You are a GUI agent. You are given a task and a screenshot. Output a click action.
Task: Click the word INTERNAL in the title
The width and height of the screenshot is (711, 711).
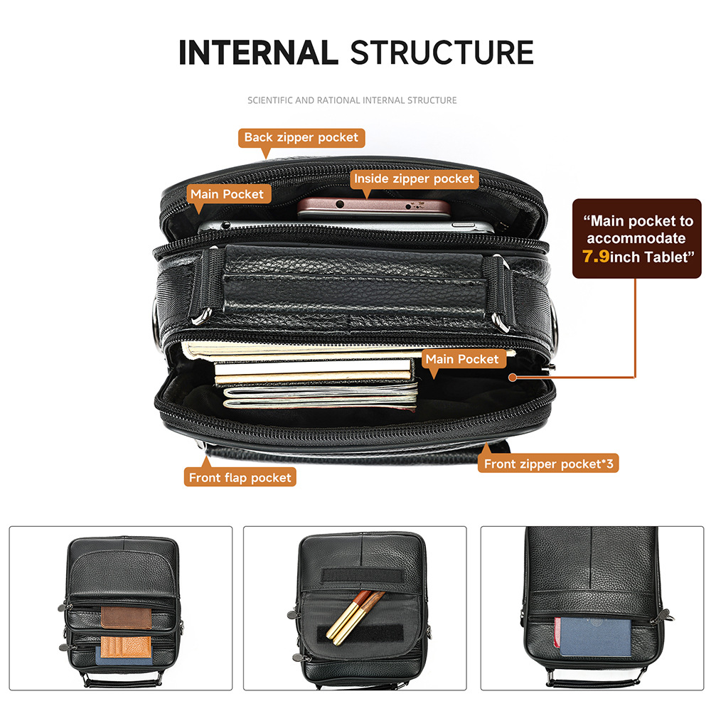(x=259, y=52)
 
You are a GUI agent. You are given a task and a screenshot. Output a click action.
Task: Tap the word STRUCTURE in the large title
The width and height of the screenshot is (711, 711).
(x=442, y=52)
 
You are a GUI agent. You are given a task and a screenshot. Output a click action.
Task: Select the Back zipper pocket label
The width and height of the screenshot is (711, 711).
(x=301, y=137)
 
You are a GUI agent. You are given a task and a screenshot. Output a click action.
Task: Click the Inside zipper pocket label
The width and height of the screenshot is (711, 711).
(x=414, y=178)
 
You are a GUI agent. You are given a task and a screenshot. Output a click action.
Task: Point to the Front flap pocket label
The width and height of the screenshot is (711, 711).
(x=240, y=478)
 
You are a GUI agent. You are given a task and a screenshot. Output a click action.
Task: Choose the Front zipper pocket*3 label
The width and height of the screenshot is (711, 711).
(x=548, y=464)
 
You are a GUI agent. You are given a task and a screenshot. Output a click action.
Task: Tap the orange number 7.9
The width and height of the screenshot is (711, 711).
(x=596, y=257)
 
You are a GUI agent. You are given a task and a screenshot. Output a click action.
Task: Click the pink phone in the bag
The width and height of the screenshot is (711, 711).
(x=373, y=208)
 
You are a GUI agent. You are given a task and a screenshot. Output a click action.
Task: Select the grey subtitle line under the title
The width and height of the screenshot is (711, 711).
(x=353, y=100)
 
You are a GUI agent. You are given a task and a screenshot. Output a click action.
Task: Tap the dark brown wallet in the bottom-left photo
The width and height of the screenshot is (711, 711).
(x=126, y=618)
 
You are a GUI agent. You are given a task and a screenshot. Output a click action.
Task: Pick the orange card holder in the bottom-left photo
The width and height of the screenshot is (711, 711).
(x=125, y=647)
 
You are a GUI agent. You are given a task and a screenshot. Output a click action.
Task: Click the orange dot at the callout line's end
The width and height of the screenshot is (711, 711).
(x=513, y=378)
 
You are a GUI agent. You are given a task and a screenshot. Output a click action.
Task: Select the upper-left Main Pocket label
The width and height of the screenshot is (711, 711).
(x=227, y=194)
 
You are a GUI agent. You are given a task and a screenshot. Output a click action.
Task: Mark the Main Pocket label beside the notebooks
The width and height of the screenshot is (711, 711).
(x=462, y=359)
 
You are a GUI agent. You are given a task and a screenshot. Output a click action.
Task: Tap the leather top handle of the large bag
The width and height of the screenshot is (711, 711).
(x=353, y=281)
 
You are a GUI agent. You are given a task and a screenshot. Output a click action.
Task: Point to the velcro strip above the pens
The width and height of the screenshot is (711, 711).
(x=363, y=575)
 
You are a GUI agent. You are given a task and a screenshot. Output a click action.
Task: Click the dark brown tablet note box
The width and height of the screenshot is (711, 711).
(x=636, y=238)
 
